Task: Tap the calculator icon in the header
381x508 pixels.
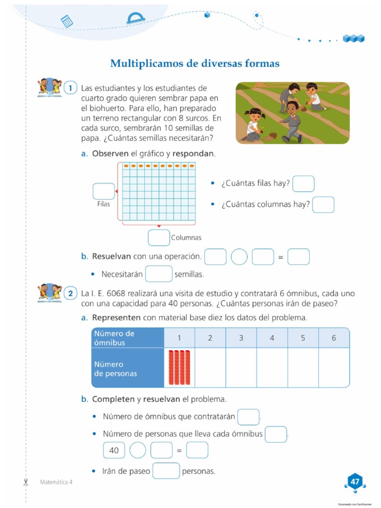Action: [x=66, y=21]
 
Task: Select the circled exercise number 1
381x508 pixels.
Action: [x=71, y=88]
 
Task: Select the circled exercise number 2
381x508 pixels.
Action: [x=71, y=294]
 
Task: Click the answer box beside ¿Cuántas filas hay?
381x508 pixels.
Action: [x=303, y=184]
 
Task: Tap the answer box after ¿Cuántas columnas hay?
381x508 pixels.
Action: [x=323, y=204]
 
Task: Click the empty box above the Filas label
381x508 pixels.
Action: [x=103, y=191]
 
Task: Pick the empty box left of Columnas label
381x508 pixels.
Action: [x=159, y=238]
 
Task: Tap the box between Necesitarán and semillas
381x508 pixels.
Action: [x=159, y=274]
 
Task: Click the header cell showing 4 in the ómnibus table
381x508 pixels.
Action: [x=272, y=338]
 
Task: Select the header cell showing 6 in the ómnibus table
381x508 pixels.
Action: [x=334, y=338]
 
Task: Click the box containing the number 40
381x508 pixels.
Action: [x=114, y=450]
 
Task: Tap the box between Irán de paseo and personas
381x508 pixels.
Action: [x=166, y=471]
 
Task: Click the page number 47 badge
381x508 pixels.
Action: [x=355, y=482]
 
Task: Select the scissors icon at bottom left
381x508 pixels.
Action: [x=26, y=482]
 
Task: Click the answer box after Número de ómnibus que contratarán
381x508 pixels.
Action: [x=248, y=417]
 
